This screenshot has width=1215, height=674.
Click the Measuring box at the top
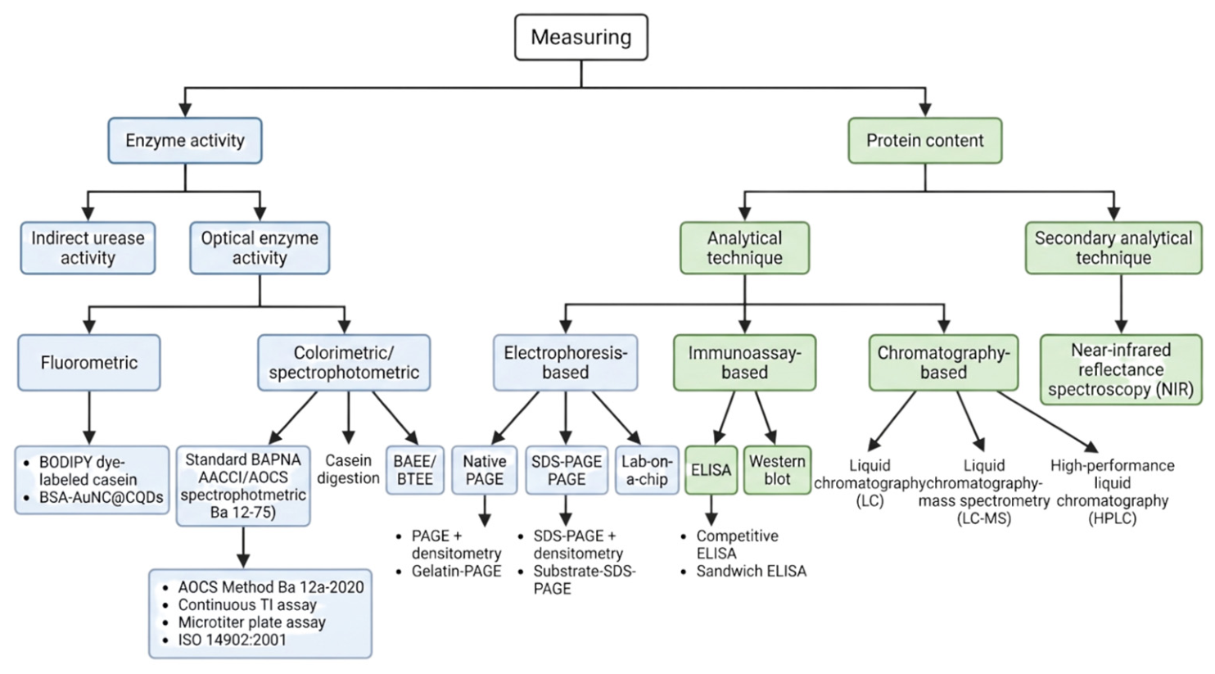point(581,37)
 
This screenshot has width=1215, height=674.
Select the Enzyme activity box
point(185,141)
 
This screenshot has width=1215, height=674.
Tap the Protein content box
point(925,141)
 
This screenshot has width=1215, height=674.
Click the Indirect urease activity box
point(88,248)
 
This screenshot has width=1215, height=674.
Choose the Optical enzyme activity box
point(260,248)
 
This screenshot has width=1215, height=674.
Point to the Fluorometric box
point(89,363)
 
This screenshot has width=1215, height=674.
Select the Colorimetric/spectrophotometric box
point(344,363)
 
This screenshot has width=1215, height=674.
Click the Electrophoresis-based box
point(565,363)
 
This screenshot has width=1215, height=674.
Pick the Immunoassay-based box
point(745,363)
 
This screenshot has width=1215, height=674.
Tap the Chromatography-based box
point(944,363)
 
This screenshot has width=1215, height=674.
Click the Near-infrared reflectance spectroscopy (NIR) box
point(1121,369)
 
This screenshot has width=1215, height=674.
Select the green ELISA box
point(711,470)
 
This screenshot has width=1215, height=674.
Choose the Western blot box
point(777,470)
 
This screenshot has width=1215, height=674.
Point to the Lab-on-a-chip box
point(647,470)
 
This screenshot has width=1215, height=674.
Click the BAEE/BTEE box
point(415,470)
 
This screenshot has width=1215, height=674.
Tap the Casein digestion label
point(348,469)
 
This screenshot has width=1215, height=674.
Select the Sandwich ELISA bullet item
point(743,571)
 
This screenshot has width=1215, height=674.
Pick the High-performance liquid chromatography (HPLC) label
point(1113,491)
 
